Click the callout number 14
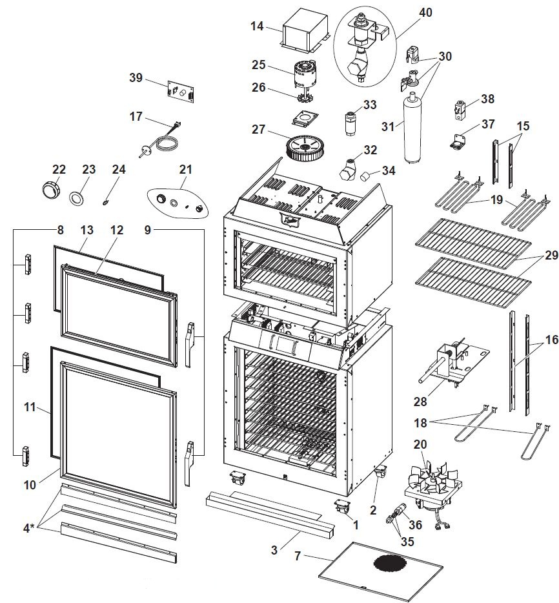tap(258, 26)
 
